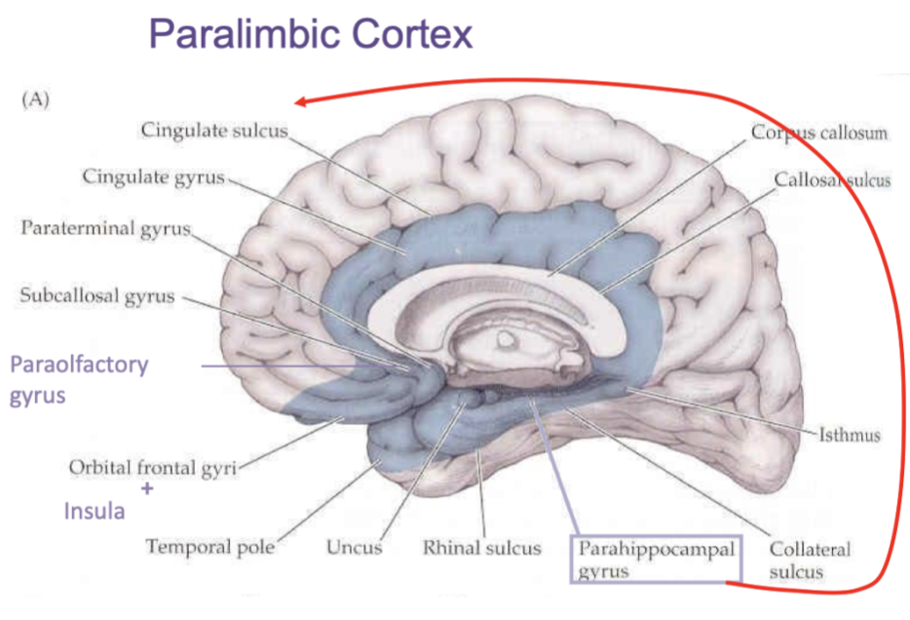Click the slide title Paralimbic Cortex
(311, 34)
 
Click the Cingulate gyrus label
(154, 177)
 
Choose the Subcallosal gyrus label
(97, 295)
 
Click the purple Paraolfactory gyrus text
(79, 380)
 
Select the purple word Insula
(94, 510)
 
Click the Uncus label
(355, 547)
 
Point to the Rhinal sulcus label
(481, 547)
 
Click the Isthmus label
(851, 435)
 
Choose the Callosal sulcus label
(832, 180)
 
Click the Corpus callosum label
(818, 133)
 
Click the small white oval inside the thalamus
(506, 338)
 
